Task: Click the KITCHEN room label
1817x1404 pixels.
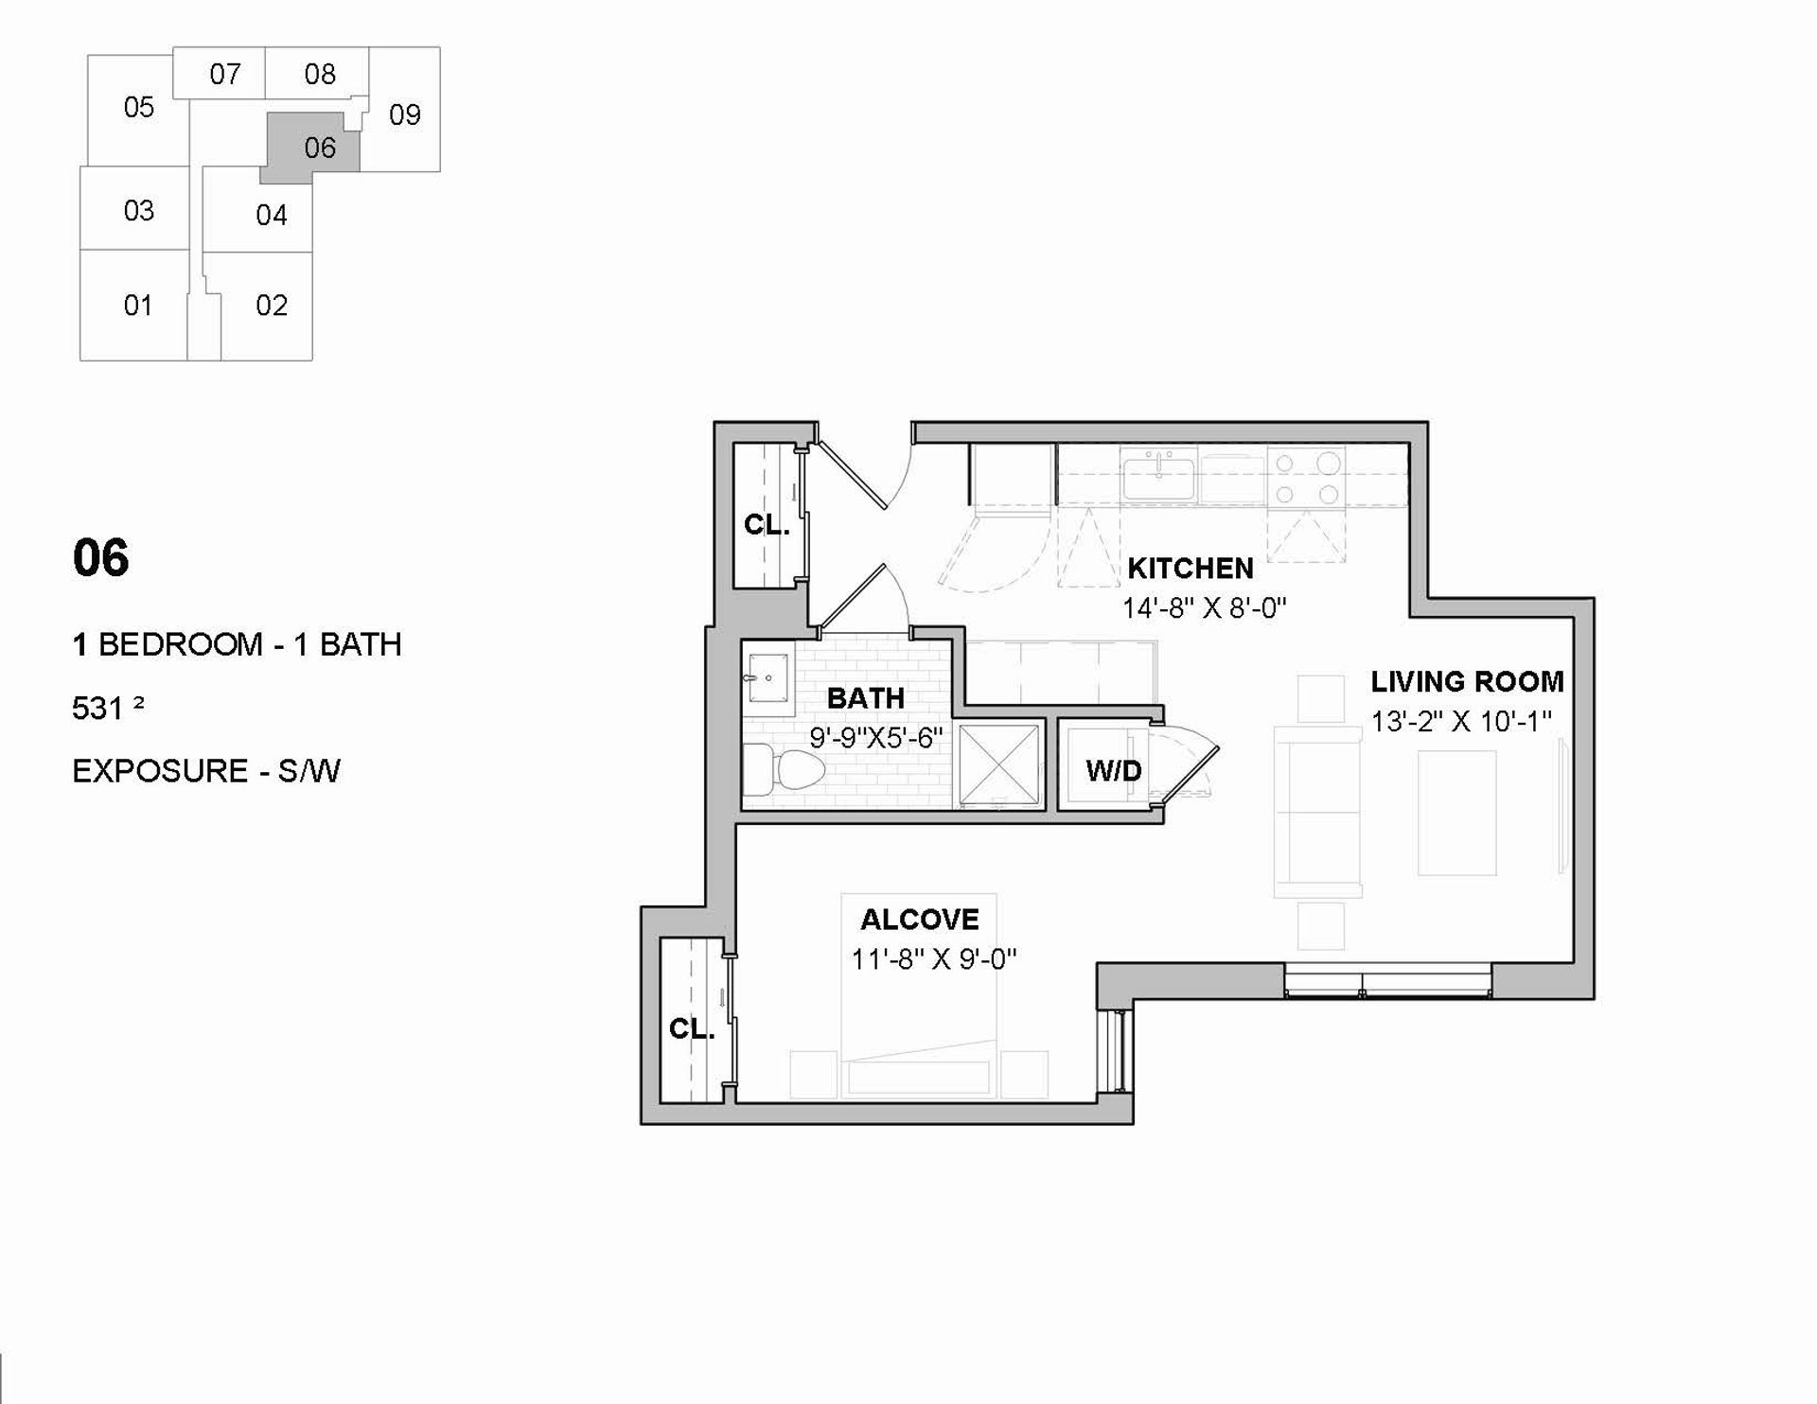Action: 1190,568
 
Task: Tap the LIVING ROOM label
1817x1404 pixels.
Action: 1467,681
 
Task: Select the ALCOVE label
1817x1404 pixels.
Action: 919,919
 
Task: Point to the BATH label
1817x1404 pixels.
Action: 865,698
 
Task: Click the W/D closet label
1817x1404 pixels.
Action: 1113,770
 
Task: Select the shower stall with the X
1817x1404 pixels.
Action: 999,765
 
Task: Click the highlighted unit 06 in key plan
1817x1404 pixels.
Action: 311,149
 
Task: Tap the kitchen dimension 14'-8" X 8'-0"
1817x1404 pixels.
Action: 1205,607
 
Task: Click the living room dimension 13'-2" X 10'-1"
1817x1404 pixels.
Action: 1461,721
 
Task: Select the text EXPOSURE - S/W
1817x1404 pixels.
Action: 206,771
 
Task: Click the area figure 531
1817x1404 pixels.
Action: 97,708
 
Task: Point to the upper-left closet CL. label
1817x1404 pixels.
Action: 766,524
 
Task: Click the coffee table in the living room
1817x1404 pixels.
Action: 1456,813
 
